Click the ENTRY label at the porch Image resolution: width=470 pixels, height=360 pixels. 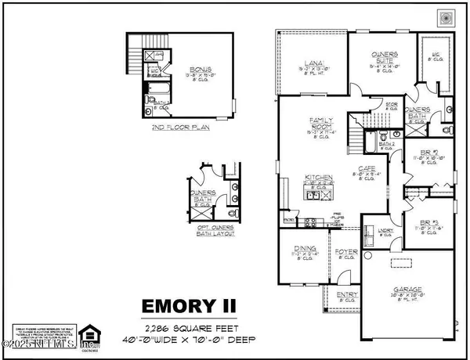click(345, 296)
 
